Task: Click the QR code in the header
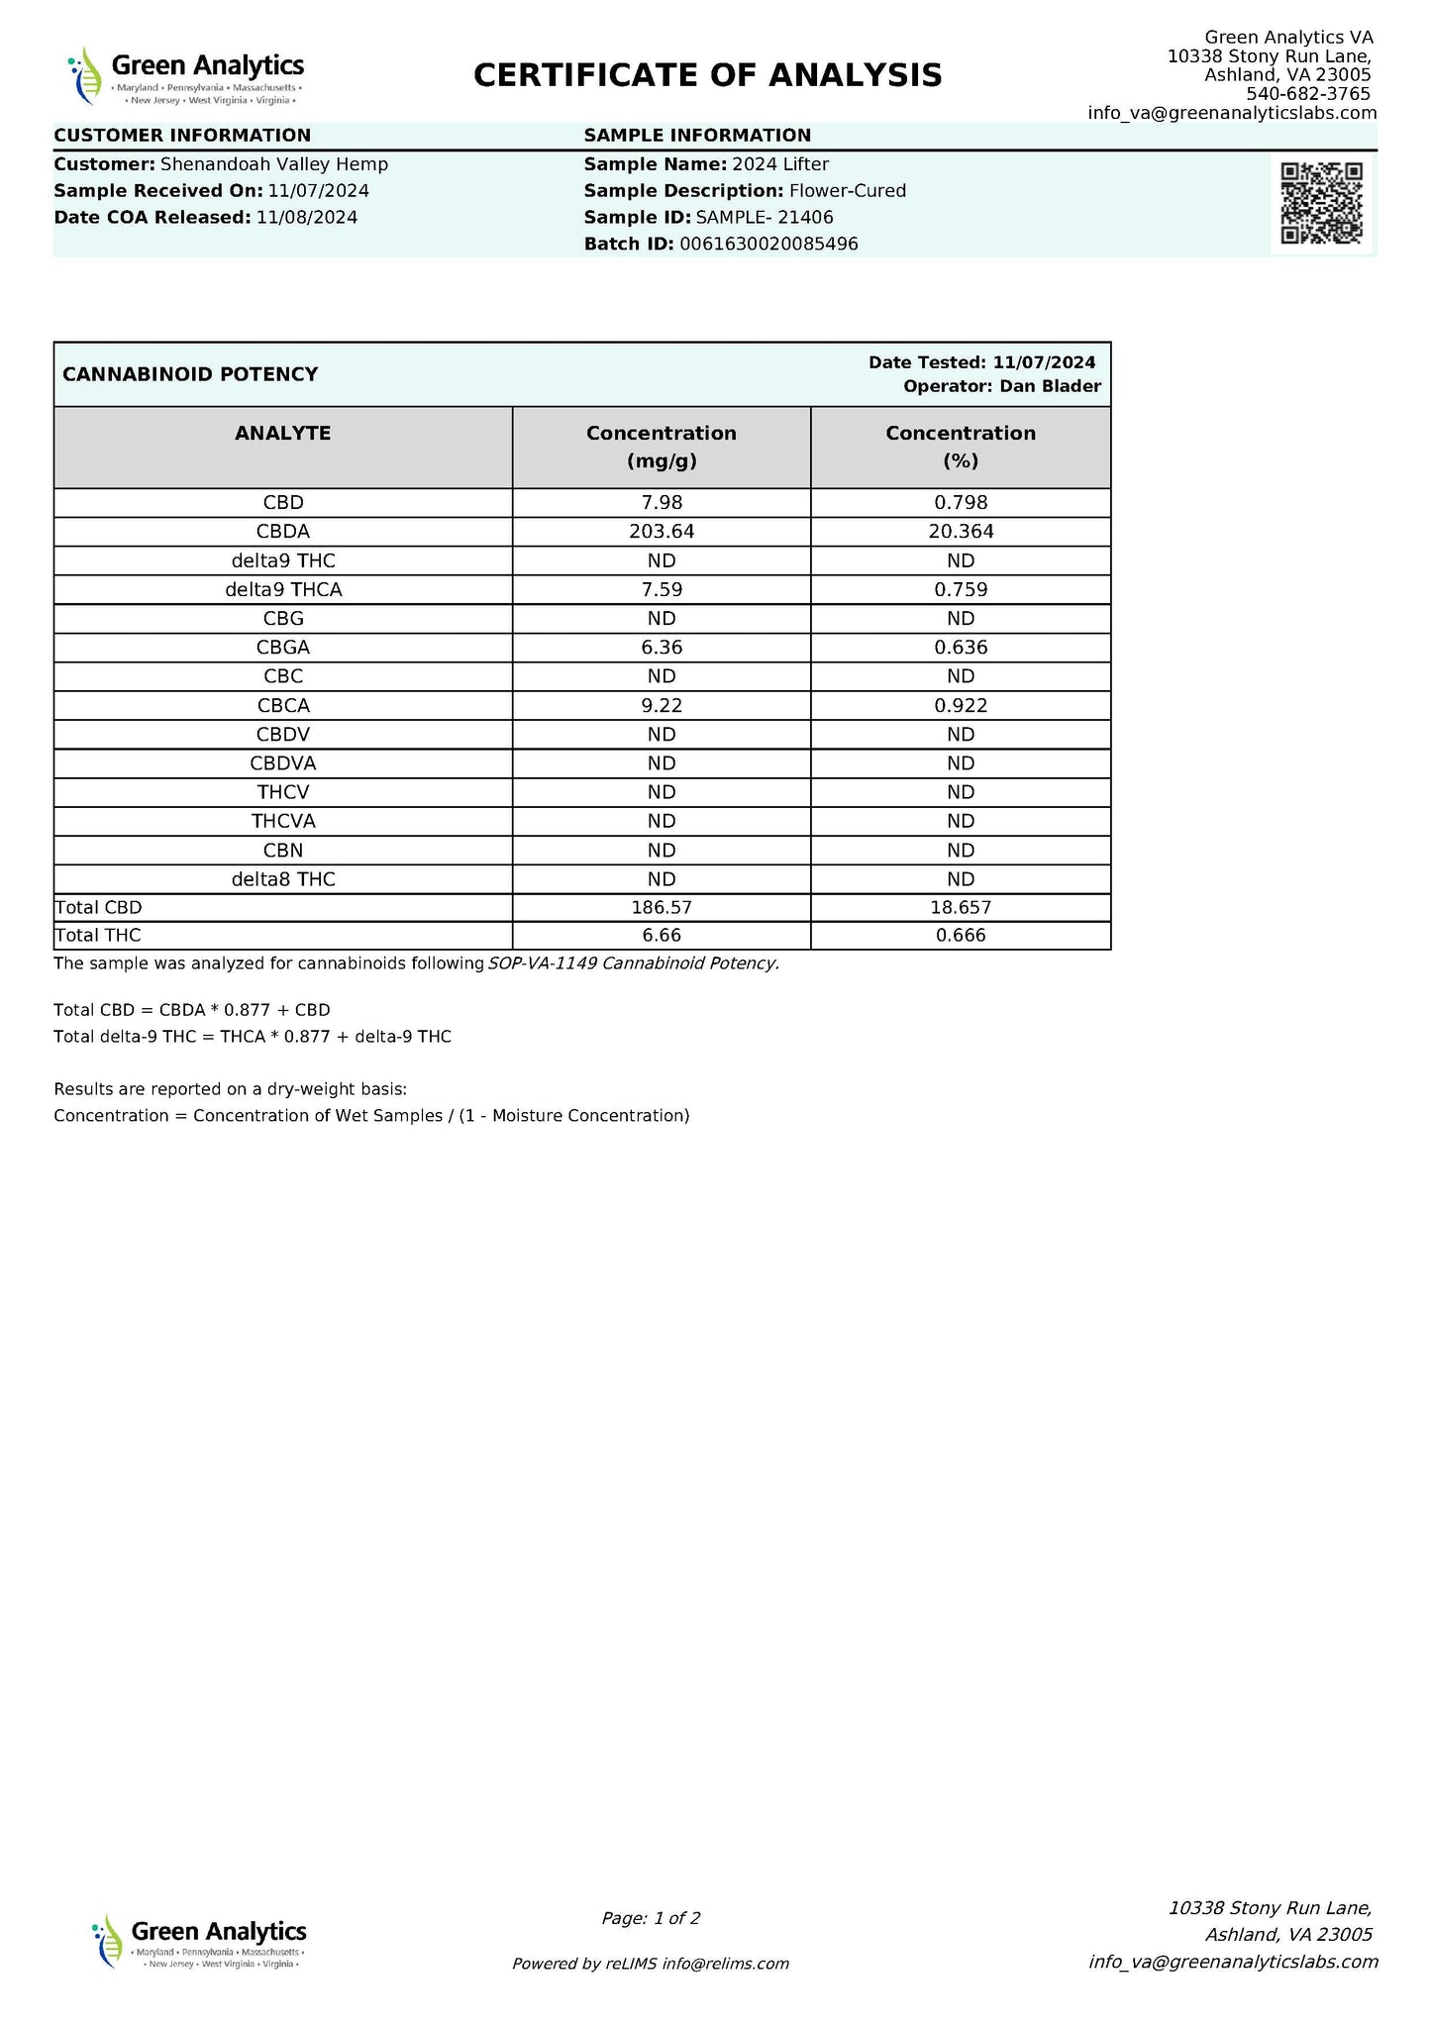pyautogui.click(x=1321, y=203)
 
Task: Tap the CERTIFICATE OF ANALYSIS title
pyautogui.click(x=707, y=75)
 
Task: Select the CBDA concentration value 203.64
pyautogui.click(x=662, y=532)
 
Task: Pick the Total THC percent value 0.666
pyautogui.click(x=961, y=936)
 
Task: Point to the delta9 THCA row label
pyautogui.click(x=283, y=590)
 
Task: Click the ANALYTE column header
pyautogui.click(x=283, y=434)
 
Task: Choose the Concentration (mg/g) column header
pyautogui.click(x=662, y=447)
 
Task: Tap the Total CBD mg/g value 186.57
pyautogui.click(x=662, y=907)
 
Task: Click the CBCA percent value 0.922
pyautogui.click(x=961, y=706)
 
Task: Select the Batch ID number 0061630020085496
pyautogui.click(x=768, y=244)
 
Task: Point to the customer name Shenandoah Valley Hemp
pyautogui.click(x=274, y=164)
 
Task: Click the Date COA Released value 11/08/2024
pyautogui.click(x=307, y=218)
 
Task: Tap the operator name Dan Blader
pyautogui.click(x=1050, y=386)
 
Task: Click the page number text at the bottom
pyautogui.click(x=651, y=1918)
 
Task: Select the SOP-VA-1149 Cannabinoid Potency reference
pyautogui.click(x=634, y=963)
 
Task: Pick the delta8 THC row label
pyautogui.click(x=283, y=879)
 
